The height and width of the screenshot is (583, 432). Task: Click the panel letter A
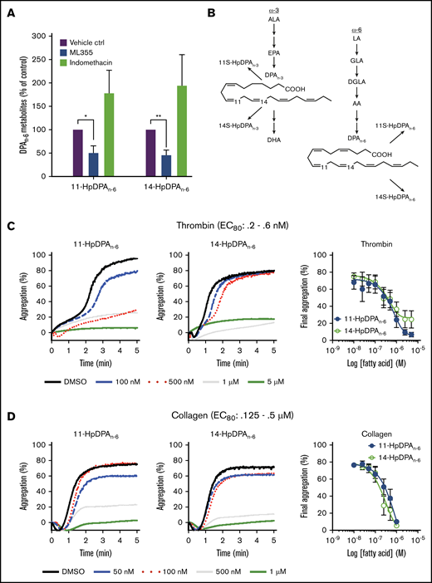[x=7, y=10]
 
